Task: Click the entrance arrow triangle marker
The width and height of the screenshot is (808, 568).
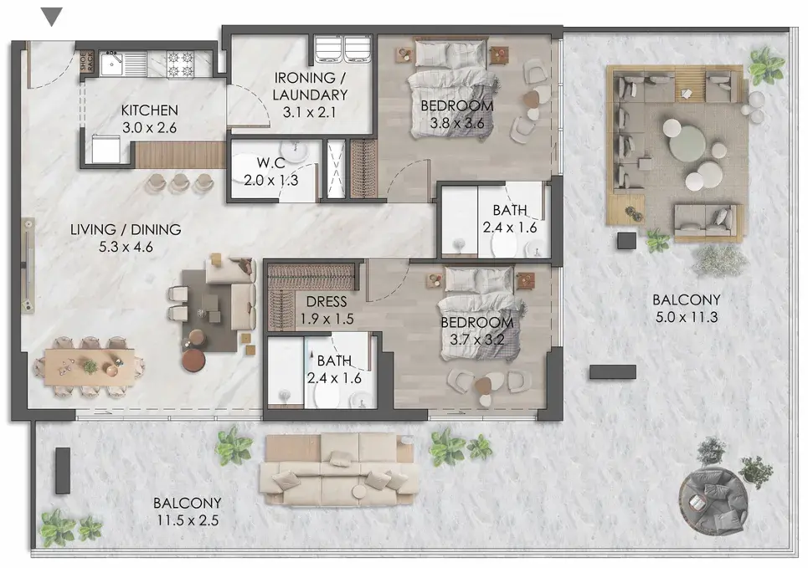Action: tap(52, 16)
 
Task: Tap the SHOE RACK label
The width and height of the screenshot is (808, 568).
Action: tap(85, 62)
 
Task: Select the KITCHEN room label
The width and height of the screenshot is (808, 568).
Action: tap(149, 110)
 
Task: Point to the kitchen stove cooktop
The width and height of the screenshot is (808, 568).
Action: tap(180, 64)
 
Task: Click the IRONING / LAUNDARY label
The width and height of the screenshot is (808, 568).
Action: tap(310, 86)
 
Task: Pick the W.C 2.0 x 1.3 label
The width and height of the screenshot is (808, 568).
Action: tap(271, 171)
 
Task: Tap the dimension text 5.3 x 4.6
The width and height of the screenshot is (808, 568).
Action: tap(126, 247)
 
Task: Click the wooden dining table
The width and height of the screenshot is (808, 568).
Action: tap(90, 367)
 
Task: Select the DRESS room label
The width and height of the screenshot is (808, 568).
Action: tap(327, 302)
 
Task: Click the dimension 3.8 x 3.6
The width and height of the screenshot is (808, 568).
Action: tap(457, 124)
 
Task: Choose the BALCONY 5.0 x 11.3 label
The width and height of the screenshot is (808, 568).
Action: tap(687, 308)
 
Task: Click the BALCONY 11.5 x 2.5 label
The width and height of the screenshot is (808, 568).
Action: tap(188, 511)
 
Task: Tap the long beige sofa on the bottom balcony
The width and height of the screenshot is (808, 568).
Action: tap(337, 469)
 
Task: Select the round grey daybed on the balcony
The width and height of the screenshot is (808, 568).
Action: tap(713, 499)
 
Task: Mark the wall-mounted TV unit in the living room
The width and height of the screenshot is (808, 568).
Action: tap(28, 265)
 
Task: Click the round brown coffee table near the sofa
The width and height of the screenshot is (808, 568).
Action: tap(194, 359)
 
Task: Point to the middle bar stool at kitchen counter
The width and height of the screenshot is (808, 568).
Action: tap(180, 182)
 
